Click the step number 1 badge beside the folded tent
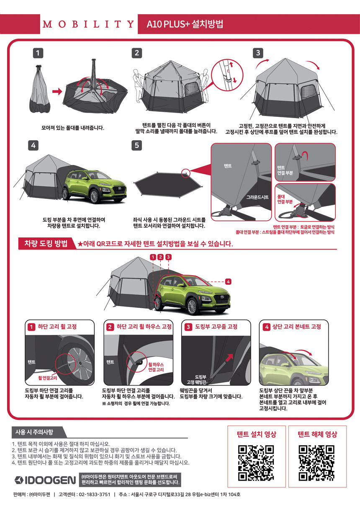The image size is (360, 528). click(x=38, y=53)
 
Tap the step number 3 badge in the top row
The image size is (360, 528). click(x=258, y=53)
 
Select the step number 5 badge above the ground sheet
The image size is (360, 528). click(x=136, y=145)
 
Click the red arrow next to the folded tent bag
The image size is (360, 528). click(x=57, y=91)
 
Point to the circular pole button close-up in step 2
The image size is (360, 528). click(x=226, y=75)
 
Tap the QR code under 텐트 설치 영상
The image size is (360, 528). click(x=256, y=463)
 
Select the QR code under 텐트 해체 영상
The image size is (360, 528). click(x=316, y=463)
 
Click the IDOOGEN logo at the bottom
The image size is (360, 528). click(x=45, y=480)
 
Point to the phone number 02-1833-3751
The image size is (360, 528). click(x=95, y=495)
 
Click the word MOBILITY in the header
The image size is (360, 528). click(x=88, y=24)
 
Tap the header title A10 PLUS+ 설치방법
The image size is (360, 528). click(x=185, y=24)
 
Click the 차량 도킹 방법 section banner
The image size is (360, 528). click(x=46, y=244)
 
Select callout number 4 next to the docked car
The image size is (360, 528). click(x=228, y=281)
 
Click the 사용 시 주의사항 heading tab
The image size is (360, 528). click(x=34, y=432)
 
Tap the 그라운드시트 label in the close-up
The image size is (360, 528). click(x=257, y=197)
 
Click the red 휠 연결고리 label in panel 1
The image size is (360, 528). click(x=48, y=378)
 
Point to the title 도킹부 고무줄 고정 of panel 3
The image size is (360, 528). click(x=216, y=327)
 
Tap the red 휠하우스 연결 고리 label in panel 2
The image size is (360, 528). click(x=156, y=367)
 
